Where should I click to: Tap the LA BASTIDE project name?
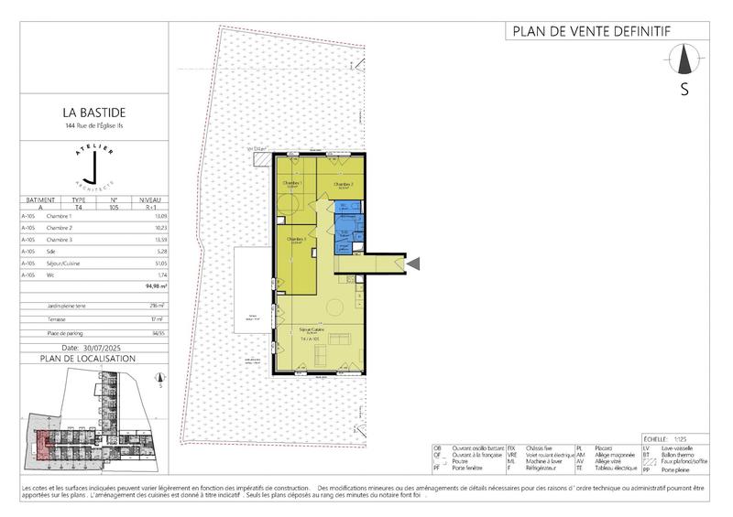pos(89,114)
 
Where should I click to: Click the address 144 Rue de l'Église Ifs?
pos(89,128)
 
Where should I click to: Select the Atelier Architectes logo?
pos(89,166)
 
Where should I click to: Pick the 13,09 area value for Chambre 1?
pos(157,216)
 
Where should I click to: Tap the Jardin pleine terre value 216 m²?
pos(156,306)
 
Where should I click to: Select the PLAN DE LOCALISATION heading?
pos(89,360)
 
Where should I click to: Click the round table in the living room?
pos(336,307)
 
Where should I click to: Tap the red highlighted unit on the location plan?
pos(42,440)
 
